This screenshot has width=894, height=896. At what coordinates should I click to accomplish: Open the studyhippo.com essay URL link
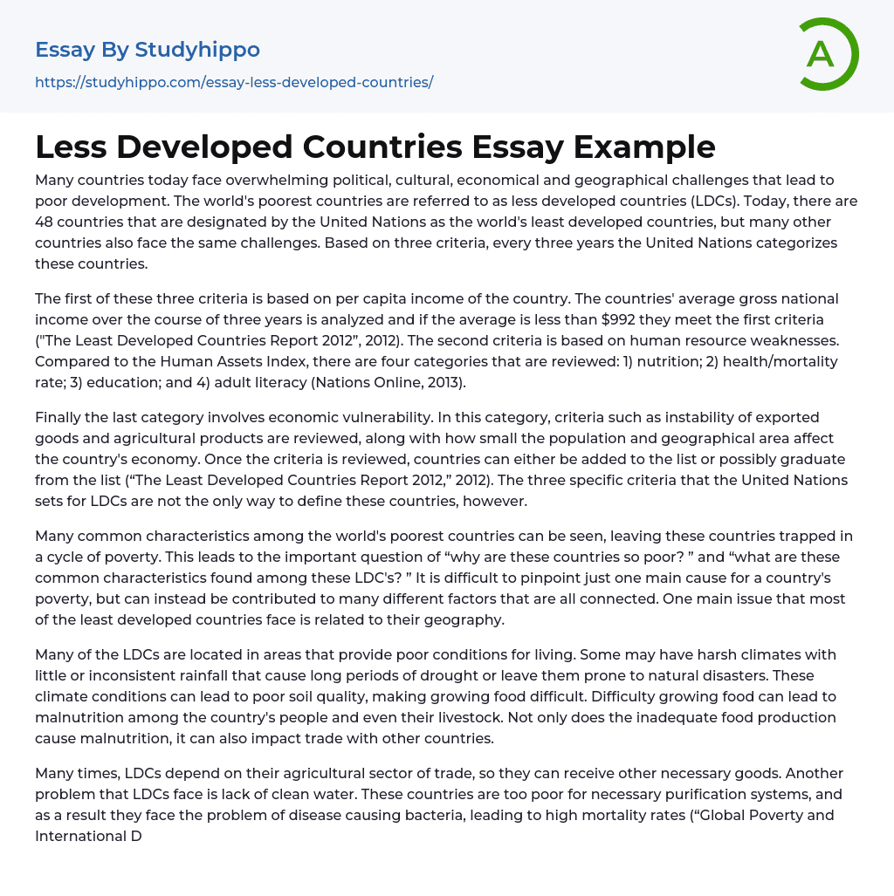tap(234, 83)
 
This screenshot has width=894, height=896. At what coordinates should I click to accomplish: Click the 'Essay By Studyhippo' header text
tap(148, 50)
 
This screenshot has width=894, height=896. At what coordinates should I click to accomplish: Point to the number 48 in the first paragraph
tap(46, 222)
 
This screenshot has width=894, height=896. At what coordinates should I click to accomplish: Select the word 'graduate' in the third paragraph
tap(817, 459)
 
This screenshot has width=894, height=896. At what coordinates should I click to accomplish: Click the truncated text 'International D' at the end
tap(87, 836)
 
